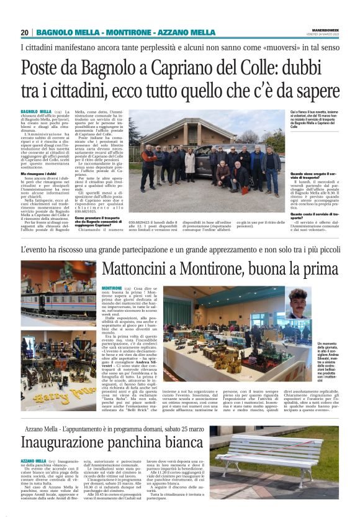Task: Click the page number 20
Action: [25, 32]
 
